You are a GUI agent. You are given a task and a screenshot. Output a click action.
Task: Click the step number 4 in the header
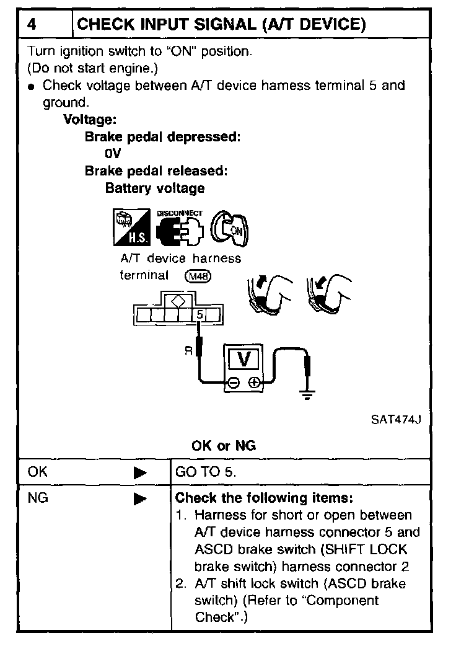point(33,24)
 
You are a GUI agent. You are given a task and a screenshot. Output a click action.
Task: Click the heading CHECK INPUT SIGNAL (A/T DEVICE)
point(221,24)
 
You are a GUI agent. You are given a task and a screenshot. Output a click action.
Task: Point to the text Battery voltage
point(155,188)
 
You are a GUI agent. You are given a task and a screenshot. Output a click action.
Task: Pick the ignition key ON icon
point(227,228)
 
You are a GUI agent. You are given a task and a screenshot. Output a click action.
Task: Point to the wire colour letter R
point(188,351)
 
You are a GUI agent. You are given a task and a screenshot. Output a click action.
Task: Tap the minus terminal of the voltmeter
point(232,383)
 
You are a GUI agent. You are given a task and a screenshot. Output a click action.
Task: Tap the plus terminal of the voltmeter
point(254,383)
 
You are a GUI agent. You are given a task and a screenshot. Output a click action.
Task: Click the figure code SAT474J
point(397,419)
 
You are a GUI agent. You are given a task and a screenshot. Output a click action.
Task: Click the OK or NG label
point(224,446)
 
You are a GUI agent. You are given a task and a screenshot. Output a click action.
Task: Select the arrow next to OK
point(140,472)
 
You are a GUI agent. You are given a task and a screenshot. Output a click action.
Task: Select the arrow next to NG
point(140,498)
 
